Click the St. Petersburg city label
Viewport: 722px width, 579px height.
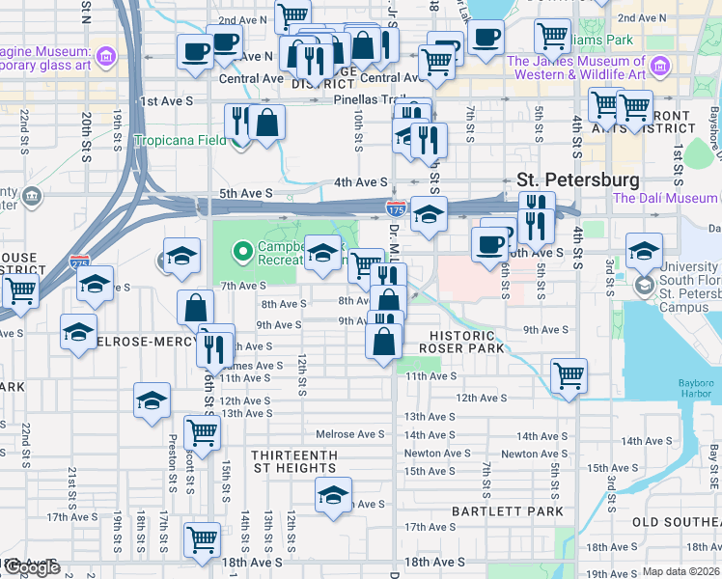pyautogui.click(x=577, y=180)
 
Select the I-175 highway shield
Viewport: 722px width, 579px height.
pyautogui.click(x=395, y=208)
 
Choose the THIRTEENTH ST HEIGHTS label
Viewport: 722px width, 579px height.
pyautogui.click(x=293, y=461)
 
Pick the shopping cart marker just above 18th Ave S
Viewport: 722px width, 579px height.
pyautogui.click(x=202, y=538)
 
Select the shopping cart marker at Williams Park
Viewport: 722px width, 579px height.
pyautogui.click(x=552, y=36)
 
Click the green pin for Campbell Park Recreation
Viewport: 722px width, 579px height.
pyautogui.click(x=241, y=253)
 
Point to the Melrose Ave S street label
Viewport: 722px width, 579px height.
pyautogui.click(x=358, y=434)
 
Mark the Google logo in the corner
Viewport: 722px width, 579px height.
pyautogui.click(x=31, y=568)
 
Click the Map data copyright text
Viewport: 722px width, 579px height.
pyautogui.click(x=680, y=572)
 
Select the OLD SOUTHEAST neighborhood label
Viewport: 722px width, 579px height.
pyautogui.click(x=676, y=522)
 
